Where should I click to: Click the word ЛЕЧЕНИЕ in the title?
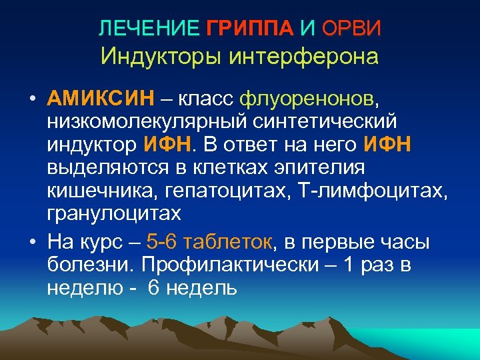[149, 28]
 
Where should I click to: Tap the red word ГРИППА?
[250, 28]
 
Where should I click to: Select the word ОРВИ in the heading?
[351, 28]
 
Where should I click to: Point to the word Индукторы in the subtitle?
[162, 56]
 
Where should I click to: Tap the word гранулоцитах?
[114, 213]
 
